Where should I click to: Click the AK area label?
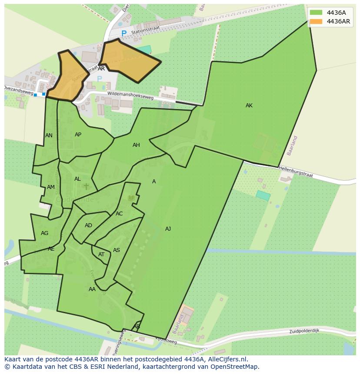249,106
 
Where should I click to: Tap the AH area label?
136,145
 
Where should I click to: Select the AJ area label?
168,229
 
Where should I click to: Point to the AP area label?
78,135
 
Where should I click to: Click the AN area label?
49,136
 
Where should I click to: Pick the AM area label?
51,187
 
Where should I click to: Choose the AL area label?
77,179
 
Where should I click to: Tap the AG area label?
44,233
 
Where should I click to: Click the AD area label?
88,225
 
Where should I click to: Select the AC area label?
119,214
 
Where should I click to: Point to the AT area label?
101,255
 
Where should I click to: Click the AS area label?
117,250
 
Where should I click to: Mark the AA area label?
92,289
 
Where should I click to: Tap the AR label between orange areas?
101,69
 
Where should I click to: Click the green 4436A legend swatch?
316,12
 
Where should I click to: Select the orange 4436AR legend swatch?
316,21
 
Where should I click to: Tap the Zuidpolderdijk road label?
304,331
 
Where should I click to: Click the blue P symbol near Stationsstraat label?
124,33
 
